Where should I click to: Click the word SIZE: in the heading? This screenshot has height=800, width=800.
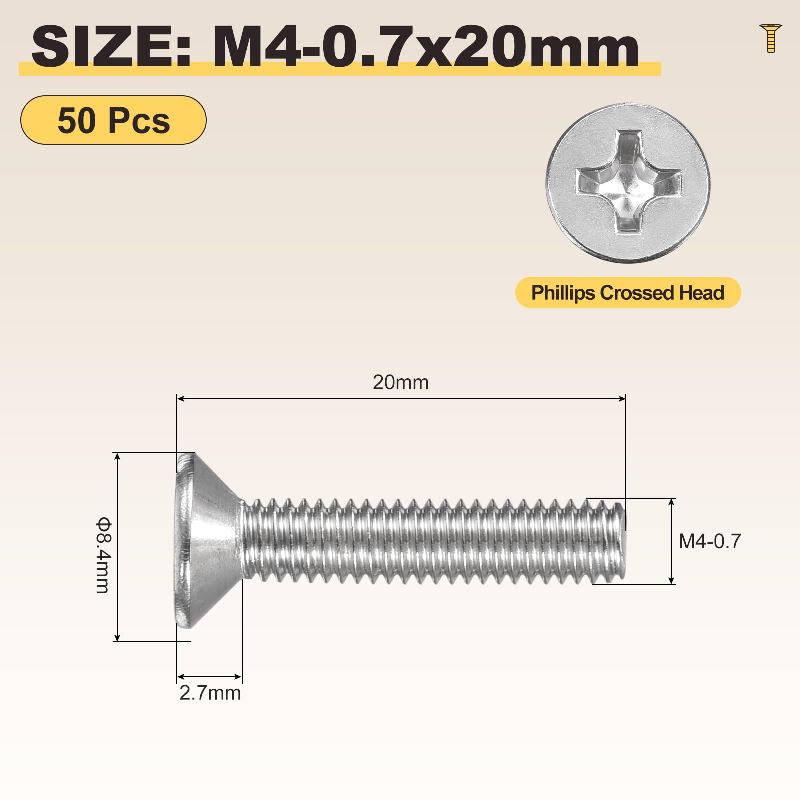[111, 48]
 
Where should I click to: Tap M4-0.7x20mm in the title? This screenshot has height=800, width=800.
[426, 48]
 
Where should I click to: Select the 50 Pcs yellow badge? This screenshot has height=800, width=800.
[113, 120]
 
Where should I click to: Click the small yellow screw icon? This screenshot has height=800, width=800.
[770, 38]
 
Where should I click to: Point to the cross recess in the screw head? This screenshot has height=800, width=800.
[628, 182]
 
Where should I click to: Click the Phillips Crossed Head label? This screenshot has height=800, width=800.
[628, 293]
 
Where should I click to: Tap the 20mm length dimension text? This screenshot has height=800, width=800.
[401, 382]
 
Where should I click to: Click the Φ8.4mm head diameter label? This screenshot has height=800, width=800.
[103, 555]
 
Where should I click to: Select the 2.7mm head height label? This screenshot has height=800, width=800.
[210, 693]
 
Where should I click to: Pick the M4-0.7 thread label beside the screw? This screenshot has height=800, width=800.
[709, 541]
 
